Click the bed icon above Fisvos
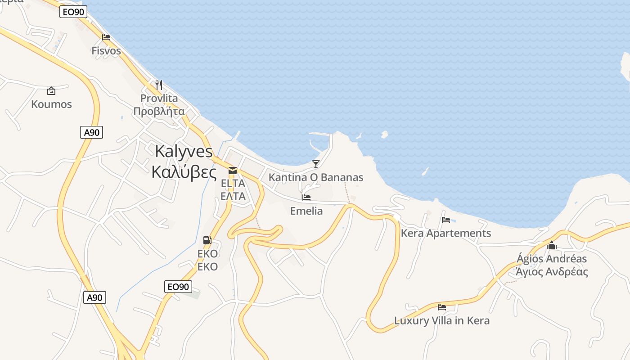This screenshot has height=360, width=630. pos(106,37)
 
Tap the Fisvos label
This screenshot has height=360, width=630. pos(106,51)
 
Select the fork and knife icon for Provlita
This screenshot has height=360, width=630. pos(159,85)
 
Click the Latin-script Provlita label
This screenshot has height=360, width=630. pos(159,98)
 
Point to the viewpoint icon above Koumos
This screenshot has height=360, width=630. pos(51,91)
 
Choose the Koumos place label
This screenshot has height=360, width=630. pos(51,104)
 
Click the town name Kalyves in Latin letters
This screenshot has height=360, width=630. pos(184,151)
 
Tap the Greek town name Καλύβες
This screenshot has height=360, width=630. pos(184,172)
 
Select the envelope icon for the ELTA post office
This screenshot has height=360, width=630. pos(233,170)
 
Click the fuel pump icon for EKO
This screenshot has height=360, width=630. pos(207,240)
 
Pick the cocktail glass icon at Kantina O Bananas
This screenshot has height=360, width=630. pos(316,164)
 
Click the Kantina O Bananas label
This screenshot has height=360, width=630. pos(316,177)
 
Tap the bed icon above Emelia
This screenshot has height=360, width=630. pos(306,198)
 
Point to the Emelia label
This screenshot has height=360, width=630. pos(306,211)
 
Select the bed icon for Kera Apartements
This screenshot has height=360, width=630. pos(446,220)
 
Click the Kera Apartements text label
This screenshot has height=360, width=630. pos(446,234)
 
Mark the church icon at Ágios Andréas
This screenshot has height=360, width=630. pos(552,245)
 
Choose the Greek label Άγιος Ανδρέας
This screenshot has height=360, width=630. pos(552,272)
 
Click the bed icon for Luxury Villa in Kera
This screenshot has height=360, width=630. pos(442,307)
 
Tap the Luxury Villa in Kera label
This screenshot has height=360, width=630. pos(442,321)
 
